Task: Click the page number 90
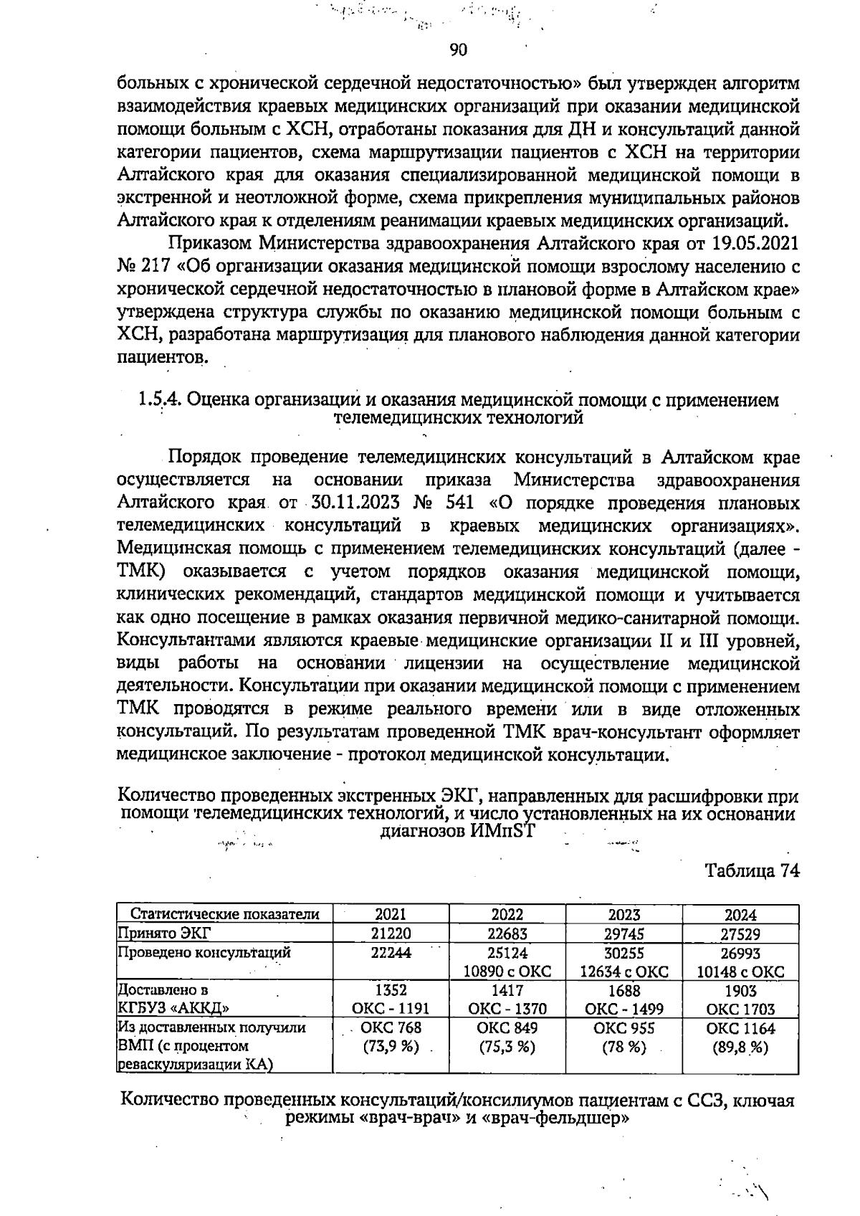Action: pyautogui.click(x=458, y=49)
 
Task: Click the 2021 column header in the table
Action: pyautogui.click(x=391, y=914)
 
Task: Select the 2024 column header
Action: pyautogui.click(x=740, y=915)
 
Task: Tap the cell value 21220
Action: pyautogui.click(x=391, y=934)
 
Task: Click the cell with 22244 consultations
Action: pyautogui.click(x=391, y=953)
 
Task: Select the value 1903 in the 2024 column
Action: pyautogui.click(x=740, y=991)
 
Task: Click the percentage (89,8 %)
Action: pyautogui.click(x=740, y=1047)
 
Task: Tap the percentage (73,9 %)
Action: pyautogui.click(x=391, y=1047)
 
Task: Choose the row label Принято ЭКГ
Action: pyautogui.click(x=155, y=934)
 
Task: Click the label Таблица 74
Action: pyautogui.click(x=752, y=870)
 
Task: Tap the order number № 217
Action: pyautogui.click(x=143, y=266)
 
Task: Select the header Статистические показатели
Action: pyautogui.click(x=224, y=914)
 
